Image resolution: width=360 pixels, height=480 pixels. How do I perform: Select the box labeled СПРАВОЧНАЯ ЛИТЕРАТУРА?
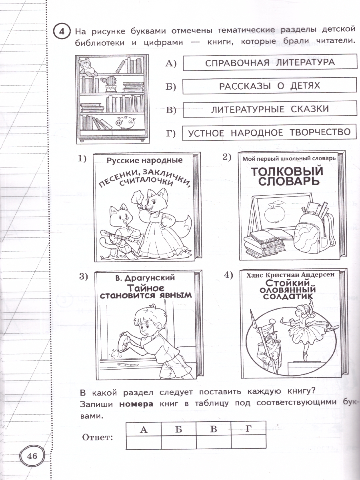(269, 63)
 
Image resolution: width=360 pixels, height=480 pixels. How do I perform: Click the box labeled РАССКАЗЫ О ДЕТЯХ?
(269, 86)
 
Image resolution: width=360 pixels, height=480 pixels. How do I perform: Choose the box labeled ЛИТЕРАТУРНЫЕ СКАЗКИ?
(269, 109)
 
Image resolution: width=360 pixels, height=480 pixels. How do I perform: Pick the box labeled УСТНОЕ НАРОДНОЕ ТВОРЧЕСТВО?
(269, 132)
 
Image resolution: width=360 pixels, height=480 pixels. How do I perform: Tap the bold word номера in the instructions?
(136, 404)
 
